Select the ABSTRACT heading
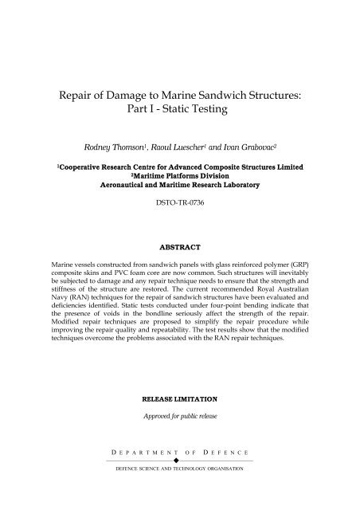pyautogui.click(x=179, y=247)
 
